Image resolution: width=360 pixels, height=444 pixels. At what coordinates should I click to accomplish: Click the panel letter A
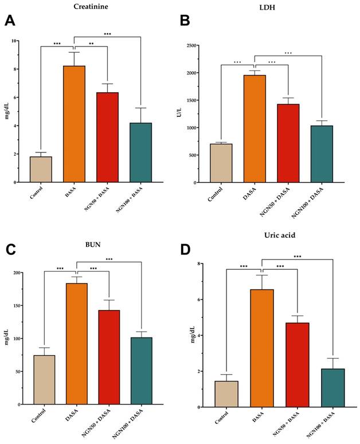tap(10, 21)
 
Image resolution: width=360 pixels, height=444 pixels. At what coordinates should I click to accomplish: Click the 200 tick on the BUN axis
tap(25, 273)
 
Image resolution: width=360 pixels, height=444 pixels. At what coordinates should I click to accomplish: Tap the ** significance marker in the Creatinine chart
tap(91, 44)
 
